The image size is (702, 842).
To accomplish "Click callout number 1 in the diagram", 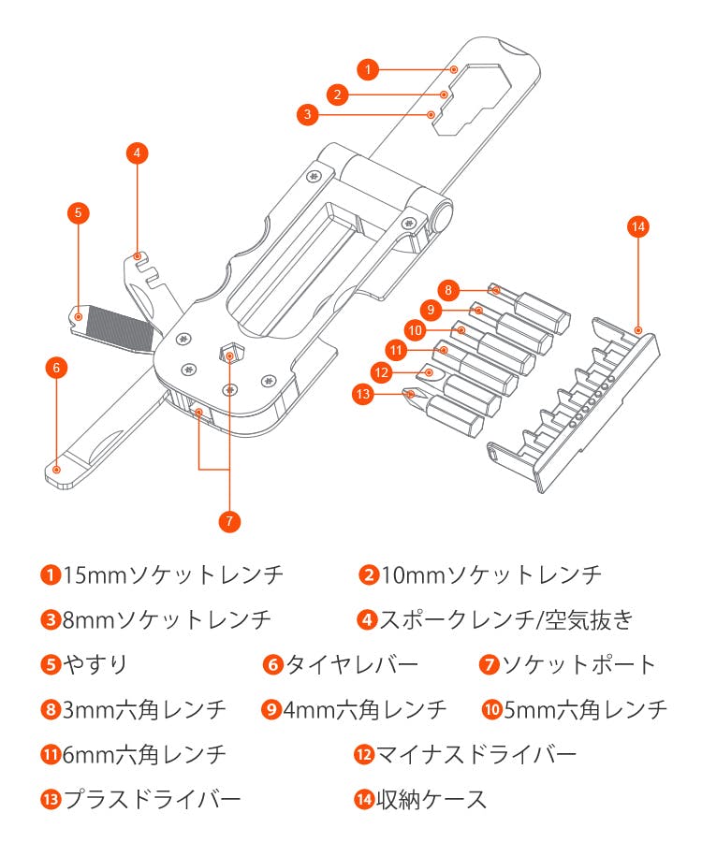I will coord(368,68).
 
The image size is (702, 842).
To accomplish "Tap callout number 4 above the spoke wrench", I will coord(137,152).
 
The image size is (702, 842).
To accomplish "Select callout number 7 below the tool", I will coord(231,521).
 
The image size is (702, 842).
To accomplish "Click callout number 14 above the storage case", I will coord(638,227).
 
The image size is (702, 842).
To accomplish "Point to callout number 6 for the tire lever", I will coord(56,368).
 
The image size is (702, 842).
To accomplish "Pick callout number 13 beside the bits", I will coord(363,394).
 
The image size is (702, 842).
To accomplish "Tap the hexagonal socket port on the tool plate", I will coord(230,353).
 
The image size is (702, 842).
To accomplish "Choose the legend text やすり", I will coord(95,665).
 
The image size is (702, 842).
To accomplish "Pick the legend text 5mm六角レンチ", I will coord(585,710).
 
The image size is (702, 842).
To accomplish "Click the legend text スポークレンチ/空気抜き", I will coord(506,619).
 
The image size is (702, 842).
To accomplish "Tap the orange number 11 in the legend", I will coord(51,754).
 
